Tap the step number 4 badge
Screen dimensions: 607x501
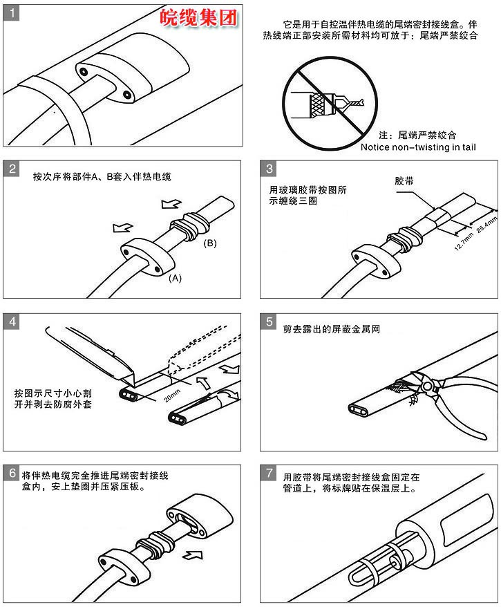[x=10, y=321]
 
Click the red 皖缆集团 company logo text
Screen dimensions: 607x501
[x=199, y=18]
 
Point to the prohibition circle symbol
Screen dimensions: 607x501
[x=325, y=100]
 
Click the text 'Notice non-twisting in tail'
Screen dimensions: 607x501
[x=419, y=147]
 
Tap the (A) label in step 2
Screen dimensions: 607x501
[x=176, y=278]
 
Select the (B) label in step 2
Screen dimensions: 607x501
[x=210, y=243]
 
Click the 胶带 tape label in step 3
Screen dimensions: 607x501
[x=404, y=180]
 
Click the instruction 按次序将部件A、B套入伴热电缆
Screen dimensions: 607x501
[x=102, y=176]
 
